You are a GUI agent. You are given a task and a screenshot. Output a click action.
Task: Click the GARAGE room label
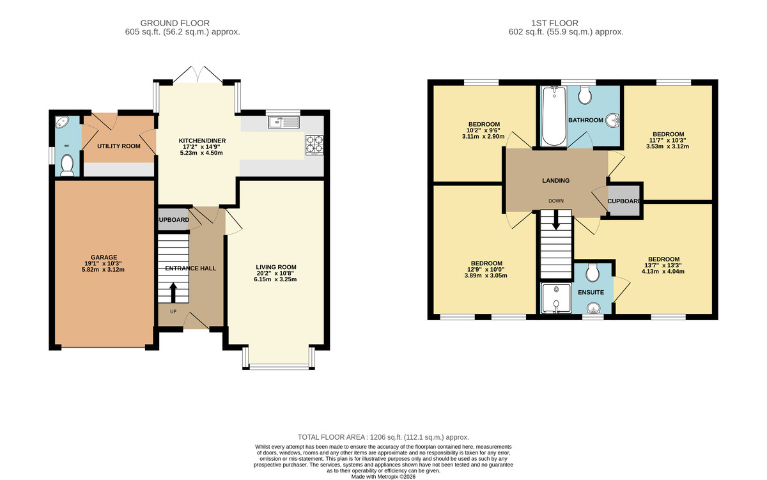tap(103, 257)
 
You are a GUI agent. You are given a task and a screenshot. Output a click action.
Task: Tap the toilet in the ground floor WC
tap(66, 166)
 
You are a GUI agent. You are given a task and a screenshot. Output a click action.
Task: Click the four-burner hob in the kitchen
tap(314, 145)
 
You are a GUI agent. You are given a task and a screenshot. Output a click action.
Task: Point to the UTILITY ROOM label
tap(118, 146)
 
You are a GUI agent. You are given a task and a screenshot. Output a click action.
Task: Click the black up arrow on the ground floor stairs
tap(173, 293)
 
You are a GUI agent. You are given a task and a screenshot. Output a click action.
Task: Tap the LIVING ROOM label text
tap(276, 267)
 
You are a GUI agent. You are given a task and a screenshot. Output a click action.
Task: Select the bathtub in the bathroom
tap(551, 117)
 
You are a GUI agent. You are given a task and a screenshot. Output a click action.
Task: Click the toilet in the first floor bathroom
tap(584, 96)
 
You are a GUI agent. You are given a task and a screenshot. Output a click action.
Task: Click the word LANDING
tap(555, 181)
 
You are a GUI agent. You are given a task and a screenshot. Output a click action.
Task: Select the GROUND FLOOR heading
tap(183, 23)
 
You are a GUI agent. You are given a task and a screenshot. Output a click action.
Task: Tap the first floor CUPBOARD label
tap(624, 201)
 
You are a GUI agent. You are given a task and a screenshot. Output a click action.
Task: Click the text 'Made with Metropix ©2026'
tap(383, 476)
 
